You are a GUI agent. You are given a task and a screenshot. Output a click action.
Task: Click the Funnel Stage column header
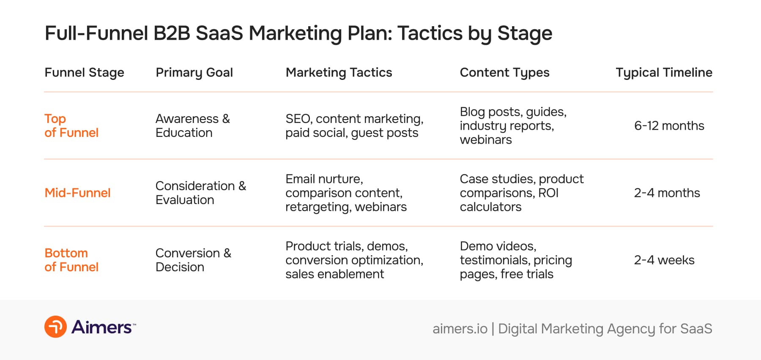point(84,73)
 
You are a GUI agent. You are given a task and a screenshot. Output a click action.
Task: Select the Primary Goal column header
point(194,73)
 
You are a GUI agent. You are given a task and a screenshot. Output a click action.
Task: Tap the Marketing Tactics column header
point(339,73)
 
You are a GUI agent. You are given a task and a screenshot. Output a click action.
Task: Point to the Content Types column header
point(504,73)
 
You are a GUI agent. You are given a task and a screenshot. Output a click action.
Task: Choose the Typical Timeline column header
point(664,73)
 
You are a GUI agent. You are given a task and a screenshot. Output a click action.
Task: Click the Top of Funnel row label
point(71,125)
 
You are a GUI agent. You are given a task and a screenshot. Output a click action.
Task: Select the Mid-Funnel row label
point(77,193)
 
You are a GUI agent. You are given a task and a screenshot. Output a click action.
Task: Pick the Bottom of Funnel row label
point(71,260)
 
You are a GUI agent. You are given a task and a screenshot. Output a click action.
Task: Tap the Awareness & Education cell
point(192,125)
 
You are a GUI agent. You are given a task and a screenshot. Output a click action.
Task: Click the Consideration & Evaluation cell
point(200,193)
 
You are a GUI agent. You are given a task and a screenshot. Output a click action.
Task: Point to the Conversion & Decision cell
point(193,260)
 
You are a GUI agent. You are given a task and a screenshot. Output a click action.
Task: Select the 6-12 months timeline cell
point(669,126)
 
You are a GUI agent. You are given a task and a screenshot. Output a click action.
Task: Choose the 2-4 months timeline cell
point(667,193)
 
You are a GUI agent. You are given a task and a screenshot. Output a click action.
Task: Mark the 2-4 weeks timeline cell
point(664,260)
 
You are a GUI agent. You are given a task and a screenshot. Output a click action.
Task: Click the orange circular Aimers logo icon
point(55,327)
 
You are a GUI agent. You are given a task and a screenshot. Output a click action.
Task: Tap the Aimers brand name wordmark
point(101,327)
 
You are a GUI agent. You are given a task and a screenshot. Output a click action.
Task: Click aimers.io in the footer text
point(460,329)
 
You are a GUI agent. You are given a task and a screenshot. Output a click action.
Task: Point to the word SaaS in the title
point(219,33)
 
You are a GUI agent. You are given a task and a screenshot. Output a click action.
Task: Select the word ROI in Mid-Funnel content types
point(548,193)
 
